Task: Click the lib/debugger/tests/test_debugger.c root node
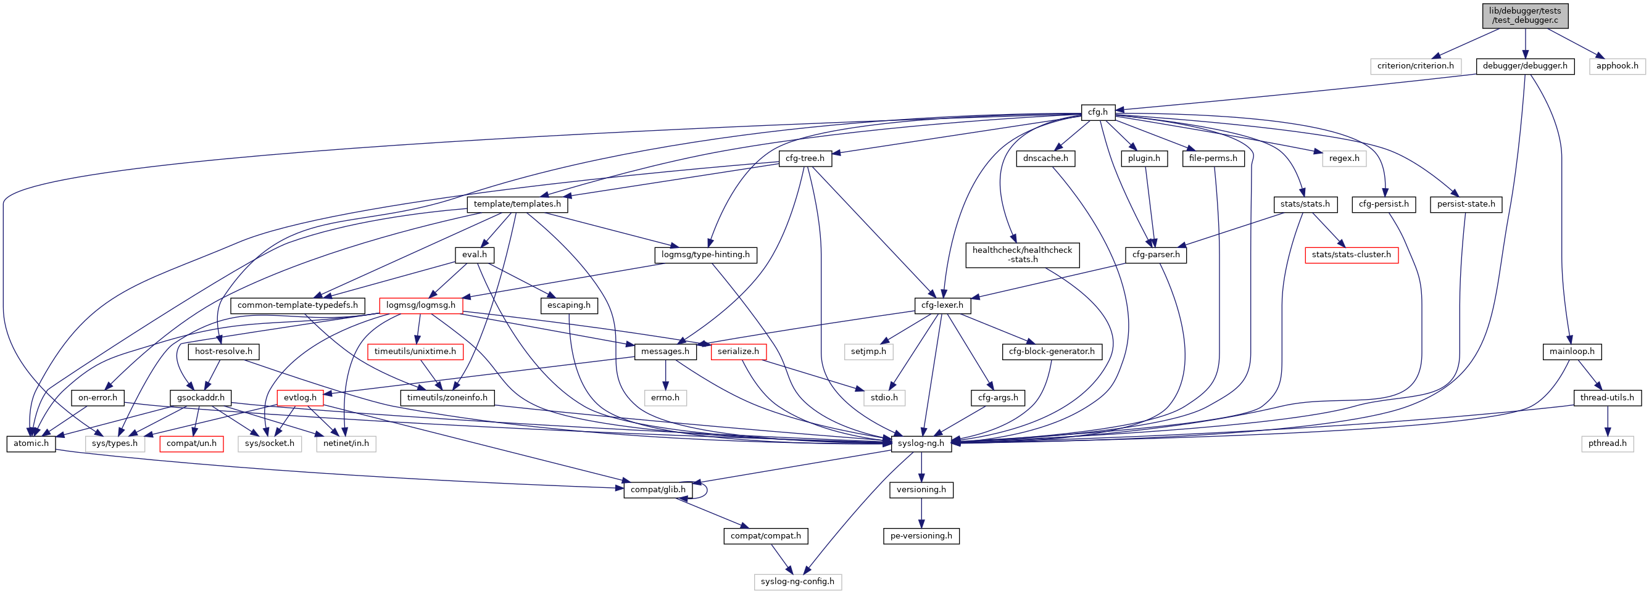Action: coord(1525,15)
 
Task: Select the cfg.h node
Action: coord(1097,112)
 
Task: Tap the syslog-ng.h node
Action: coord(921,443)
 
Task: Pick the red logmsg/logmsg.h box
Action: coord(420,305)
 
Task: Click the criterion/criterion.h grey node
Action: coord(1415,66)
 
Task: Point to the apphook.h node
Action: coord(1617,66)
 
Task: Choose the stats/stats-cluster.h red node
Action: coord(1351,255)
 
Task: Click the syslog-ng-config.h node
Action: coord(797,582)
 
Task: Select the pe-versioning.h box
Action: coord(921,536)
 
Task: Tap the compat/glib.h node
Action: coord(657,490)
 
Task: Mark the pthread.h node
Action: coord(1607,443)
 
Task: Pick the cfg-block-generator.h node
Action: coord(1052,352)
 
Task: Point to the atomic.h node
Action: coord(31,443)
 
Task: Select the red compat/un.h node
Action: coord(191,443)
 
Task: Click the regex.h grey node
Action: coord(1344,158)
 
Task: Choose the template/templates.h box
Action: coord(517,204)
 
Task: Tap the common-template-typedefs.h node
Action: coord(297,305)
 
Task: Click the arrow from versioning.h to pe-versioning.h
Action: coord(921,513)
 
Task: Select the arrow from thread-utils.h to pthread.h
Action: coord(1607,421)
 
